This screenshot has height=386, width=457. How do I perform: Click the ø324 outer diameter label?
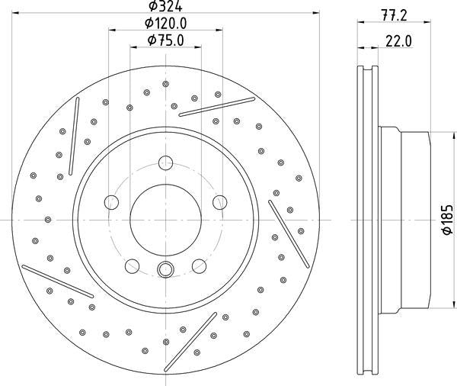tap(164, 8)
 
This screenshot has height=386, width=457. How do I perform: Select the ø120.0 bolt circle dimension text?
tap(165, 24)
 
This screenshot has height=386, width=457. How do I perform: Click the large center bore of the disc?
tap(165, 218)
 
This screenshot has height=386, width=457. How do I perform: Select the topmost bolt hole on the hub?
tap(165, 162)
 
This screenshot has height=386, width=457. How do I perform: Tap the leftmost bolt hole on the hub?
tap(112, 202)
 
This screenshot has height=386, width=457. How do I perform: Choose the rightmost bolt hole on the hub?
tap(219, 202)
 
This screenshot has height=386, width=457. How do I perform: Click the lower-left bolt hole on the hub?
tap(132, 265)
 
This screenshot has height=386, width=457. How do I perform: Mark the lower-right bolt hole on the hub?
tap(199, 265)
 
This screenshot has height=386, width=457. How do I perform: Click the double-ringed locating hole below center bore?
tap(165, 269)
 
